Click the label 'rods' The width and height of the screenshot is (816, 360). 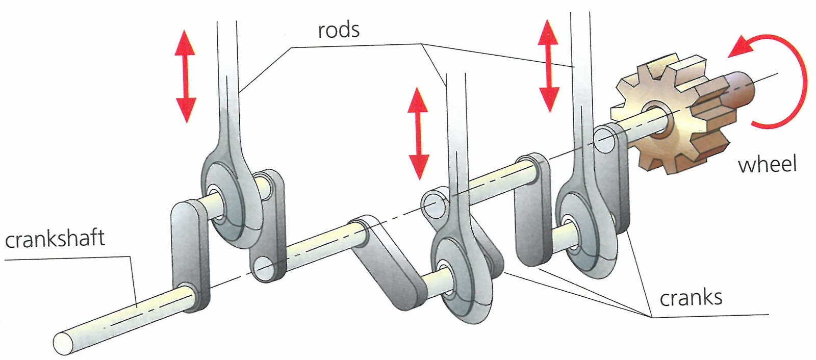[x=339, y=30]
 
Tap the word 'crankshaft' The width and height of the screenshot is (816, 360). [x=55, y=239]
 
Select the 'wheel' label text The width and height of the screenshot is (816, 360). [x=767, y=164]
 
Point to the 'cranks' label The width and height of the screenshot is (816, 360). [x=691, y=297]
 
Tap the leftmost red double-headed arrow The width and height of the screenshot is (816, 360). [x=186, y=76]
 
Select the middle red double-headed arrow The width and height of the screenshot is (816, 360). [x=418, y=133]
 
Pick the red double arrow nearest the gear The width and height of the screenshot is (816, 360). [x=548, y=66]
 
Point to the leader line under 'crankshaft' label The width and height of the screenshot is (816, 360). [x=66, y=259]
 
